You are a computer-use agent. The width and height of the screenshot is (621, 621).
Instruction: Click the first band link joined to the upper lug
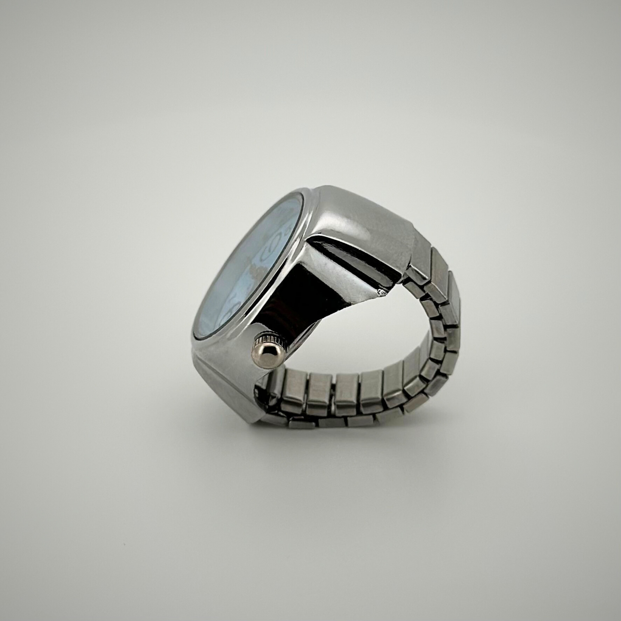(x=419, y=258)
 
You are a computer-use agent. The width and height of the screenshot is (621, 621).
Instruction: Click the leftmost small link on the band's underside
(x=301, y=423)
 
